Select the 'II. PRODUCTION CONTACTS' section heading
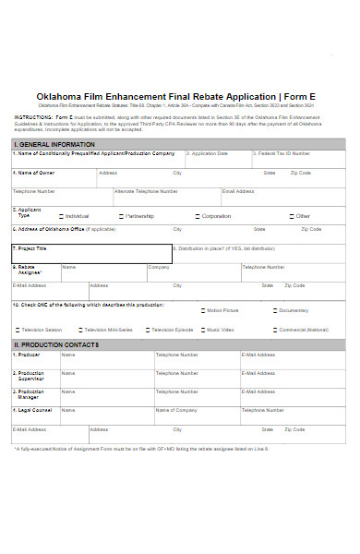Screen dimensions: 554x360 (x=55, y=345)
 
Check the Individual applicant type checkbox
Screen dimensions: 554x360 (x=61, y=216)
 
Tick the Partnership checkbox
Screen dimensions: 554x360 (x=120, y=216)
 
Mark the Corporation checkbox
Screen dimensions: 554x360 (x=197, y=216)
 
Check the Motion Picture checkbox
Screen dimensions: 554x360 (x=202, y=310)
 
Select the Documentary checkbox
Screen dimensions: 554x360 (x=274, y=310)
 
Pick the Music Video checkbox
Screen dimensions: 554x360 (x=202, y=330)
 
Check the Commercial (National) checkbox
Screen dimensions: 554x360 (x=274, y=330)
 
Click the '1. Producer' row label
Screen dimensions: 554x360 (x=27, y=355)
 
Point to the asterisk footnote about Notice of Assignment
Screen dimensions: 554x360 (x=138, y=449)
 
